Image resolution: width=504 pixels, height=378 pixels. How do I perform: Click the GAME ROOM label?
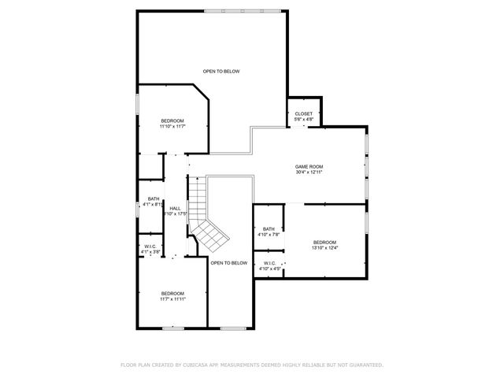[x=309, y=166]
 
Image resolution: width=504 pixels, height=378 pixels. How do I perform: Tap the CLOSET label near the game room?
[x=303, y=113]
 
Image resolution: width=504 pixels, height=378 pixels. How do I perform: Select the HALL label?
[x=176, y=208]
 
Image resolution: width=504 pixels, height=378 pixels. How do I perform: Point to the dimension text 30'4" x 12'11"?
[x=309, y=172]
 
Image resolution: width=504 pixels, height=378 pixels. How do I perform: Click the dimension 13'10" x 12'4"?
[x=324, y=248]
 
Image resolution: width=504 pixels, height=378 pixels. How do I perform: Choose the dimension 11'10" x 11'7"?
[x=172, y=126]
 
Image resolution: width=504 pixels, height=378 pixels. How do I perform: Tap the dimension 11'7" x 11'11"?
[x=172, y=299]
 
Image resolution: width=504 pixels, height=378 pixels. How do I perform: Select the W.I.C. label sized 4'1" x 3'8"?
[x=150, y=246]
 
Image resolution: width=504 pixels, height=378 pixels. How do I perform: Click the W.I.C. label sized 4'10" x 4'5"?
[x=269, y=263]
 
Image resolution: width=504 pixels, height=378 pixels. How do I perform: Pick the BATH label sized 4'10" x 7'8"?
[x=269, y=228]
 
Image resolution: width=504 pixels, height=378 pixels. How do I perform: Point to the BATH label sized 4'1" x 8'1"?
[x=153, y=198]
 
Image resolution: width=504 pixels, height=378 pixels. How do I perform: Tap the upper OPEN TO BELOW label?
[x=220, y=72]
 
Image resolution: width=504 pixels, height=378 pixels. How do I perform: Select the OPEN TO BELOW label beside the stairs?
[x=229, y=262]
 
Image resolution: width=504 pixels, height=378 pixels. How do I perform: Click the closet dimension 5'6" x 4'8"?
[x=303, y=120]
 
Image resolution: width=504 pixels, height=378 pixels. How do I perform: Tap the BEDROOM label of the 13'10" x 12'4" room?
[x=324, y=242]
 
